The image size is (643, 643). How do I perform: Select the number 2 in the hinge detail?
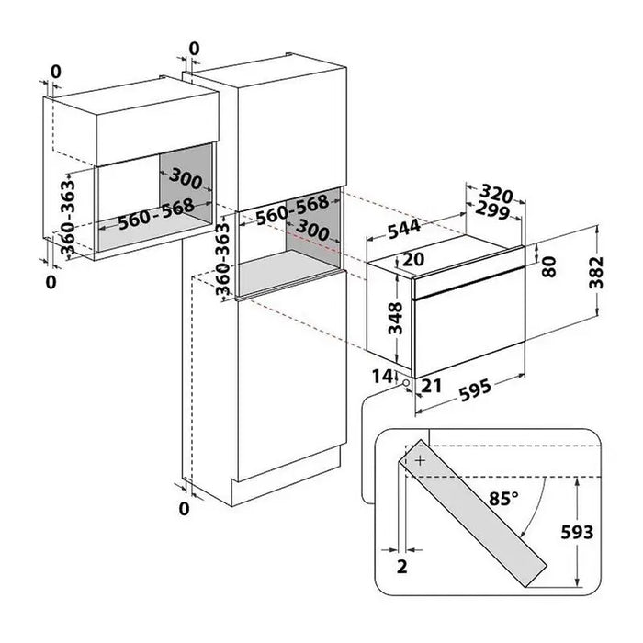401,568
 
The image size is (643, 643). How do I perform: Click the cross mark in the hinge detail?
420,458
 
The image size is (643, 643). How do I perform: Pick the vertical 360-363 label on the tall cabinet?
222,263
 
